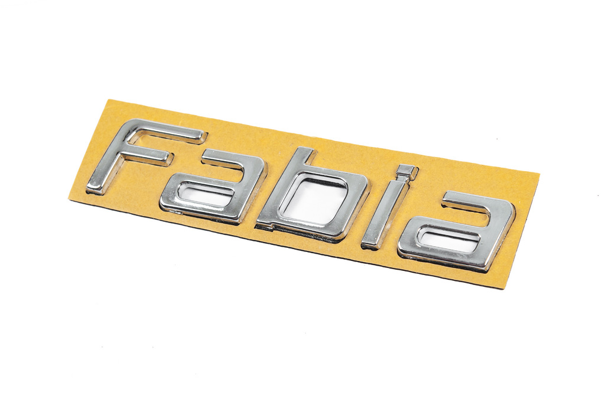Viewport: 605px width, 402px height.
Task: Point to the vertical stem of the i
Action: pyautogui.click(x=383, y=216)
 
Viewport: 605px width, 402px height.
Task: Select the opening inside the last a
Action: pyautogui.click(x=450, y=239)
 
